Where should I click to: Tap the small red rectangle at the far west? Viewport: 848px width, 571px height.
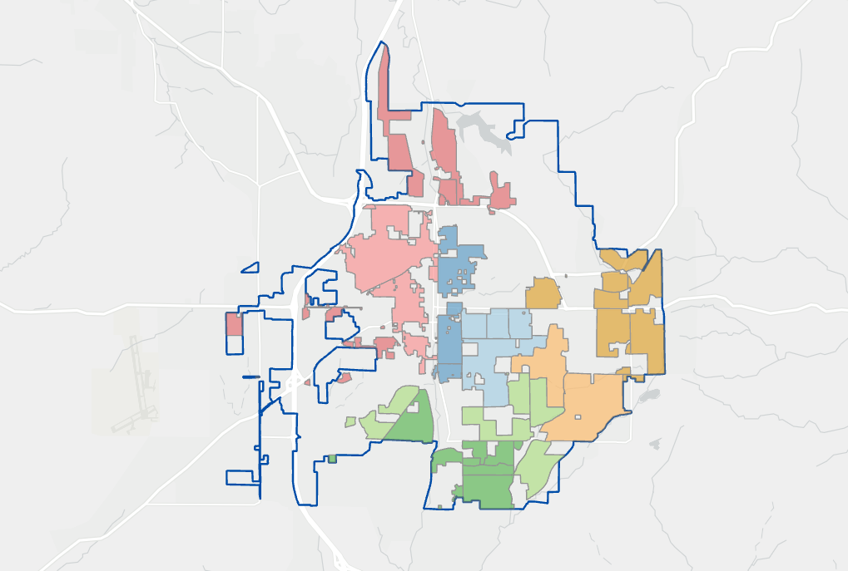tap(234, 324)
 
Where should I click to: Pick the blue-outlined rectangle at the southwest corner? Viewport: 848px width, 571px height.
tap(242, 477)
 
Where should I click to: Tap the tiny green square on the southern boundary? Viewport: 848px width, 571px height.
tap(332, 458)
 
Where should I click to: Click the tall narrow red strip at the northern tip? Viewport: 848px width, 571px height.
tap(384, 83)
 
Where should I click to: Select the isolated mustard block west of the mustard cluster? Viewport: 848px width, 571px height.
tap(543, 293)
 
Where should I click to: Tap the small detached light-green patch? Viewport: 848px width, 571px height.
tap(350, 421)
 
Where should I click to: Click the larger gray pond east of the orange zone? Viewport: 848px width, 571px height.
tap(650, 396)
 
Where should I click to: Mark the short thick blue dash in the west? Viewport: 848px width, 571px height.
tap(250, 377)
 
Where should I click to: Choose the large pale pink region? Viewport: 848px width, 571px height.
tap(387, 258)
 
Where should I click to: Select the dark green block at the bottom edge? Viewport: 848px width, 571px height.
tap(487, 486)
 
